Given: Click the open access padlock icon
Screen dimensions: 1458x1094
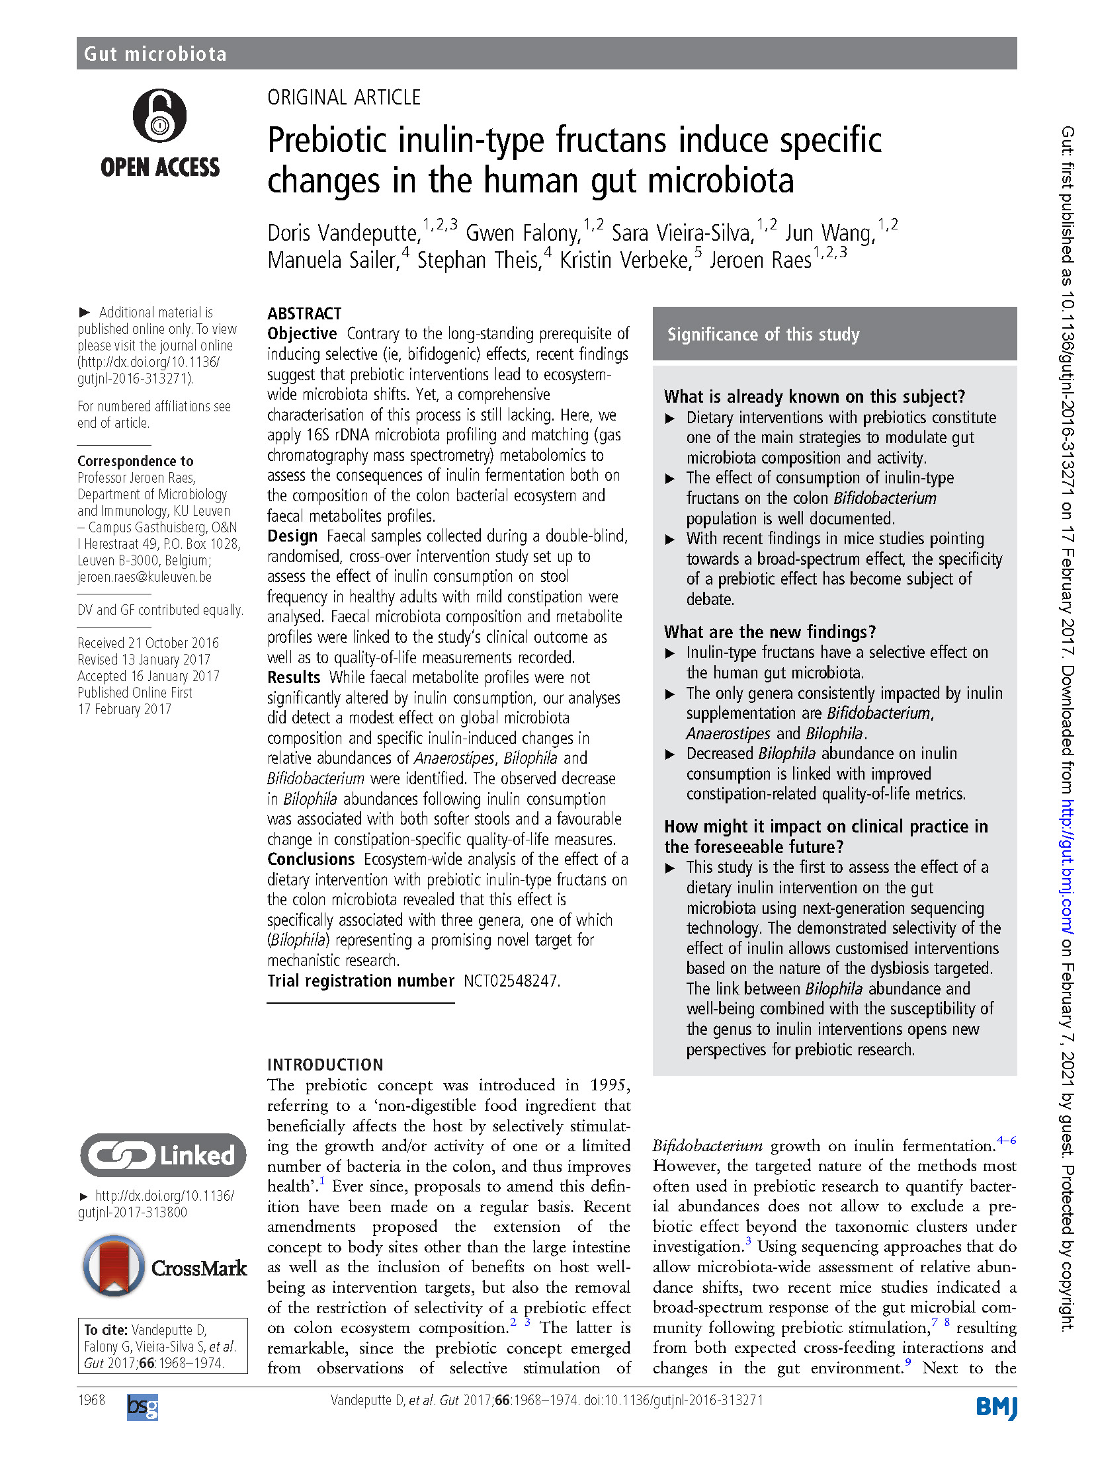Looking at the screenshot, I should pos(159,116).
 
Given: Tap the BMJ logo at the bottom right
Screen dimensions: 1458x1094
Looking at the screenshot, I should pos(996,1408).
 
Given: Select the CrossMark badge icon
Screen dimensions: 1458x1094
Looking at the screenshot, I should pos(114,1266).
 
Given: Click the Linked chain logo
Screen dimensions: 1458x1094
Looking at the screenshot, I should pos(163,1155).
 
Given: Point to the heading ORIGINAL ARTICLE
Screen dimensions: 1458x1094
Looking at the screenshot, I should pos(343,98).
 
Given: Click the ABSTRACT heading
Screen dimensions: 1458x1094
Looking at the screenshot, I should pos(304,313).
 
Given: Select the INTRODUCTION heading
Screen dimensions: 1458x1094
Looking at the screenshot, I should pos(325,1065).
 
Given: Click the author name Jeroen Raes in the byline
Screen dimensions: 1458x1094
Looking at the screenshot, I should pos(760,261).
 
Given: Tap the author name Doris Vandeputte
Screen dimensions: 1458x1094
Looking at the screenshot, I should pos(343,233).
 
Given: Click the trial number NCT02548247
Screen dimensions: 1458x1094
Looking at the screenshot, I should pos(511,981).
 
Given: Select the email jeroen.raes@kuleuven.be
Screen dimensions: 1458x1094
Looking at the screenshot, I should pos(144,577).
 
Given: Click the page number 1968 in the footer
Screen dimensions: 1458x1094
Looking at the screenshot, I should pos(91,1400).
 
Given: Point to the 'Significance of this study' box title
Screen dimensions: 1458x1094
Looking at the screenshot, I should pos(763,335).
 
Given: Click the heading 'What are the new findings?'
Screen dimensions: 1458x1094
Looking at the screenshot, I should pos(769,632).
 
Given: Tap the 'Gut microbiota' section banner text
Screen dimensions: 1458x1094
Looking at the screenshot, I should pos(155,54).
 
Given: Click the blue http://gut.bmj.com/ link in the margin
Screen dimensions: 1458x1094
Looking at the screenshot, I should pos(1068,867).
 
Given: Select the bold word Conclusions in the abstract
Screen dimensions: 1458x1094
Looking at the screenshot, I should pos(311,859).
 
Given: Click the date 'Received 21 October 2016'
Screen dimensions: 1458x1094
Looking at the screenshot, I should pos(147,643).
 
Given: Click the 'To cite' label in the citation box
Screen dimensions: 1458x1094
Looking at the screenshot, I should pos(105,1330).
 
